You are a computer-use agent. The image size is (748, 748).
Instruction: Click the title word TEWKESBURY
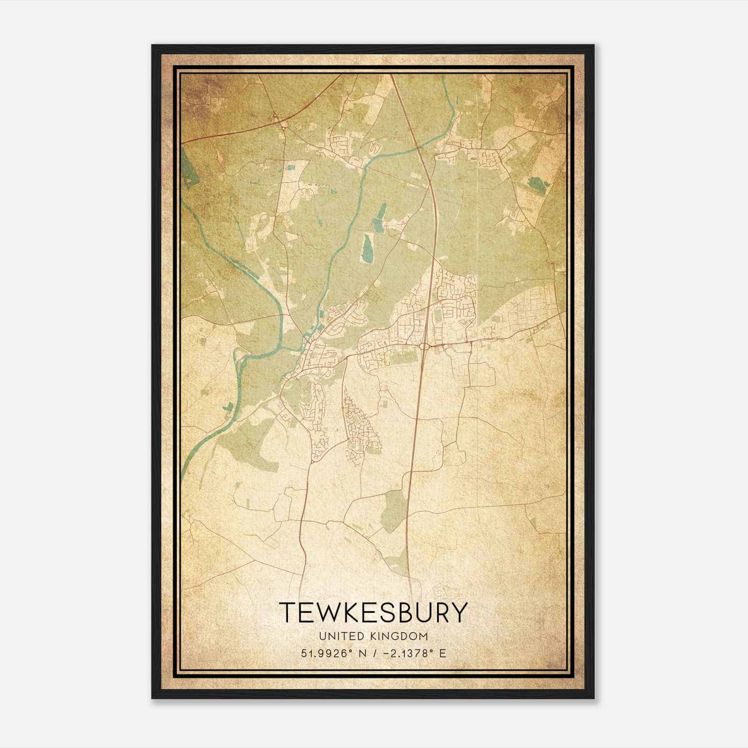pyautogui.click(x=373, y=613)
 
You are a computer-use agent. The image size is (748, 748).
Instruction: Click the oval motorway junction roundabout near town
pyautogui.click(x=425, y=346)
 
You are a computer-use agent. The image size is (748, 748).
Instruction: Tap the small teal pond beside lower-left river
pyautogui.click(x=228, y=407)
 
